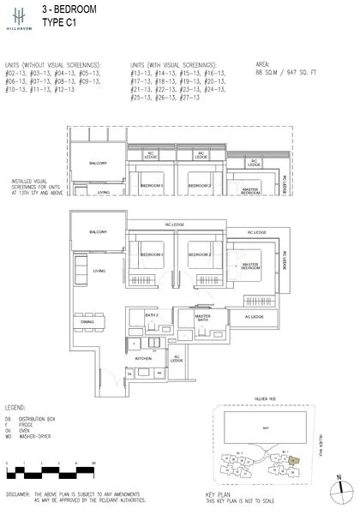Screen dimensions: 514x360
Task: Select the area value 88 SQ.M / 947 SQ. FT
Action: (x=286, y=74)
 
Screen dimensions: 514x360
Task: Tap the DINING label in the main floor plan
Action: (x=100, y=322)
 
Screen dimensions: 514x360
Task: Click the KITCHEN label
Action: (x=142, y=360)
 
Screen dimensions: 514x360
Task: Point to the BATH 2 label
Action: (x=152, y=317)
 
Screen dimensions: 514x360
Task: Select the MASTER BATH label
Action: (x=203, y=319)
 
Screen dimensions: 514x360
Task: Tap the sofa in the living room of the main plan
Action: (x=80, y=272)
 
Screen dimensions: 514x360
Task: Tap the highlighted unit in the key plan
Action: (x=294, y=460)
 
